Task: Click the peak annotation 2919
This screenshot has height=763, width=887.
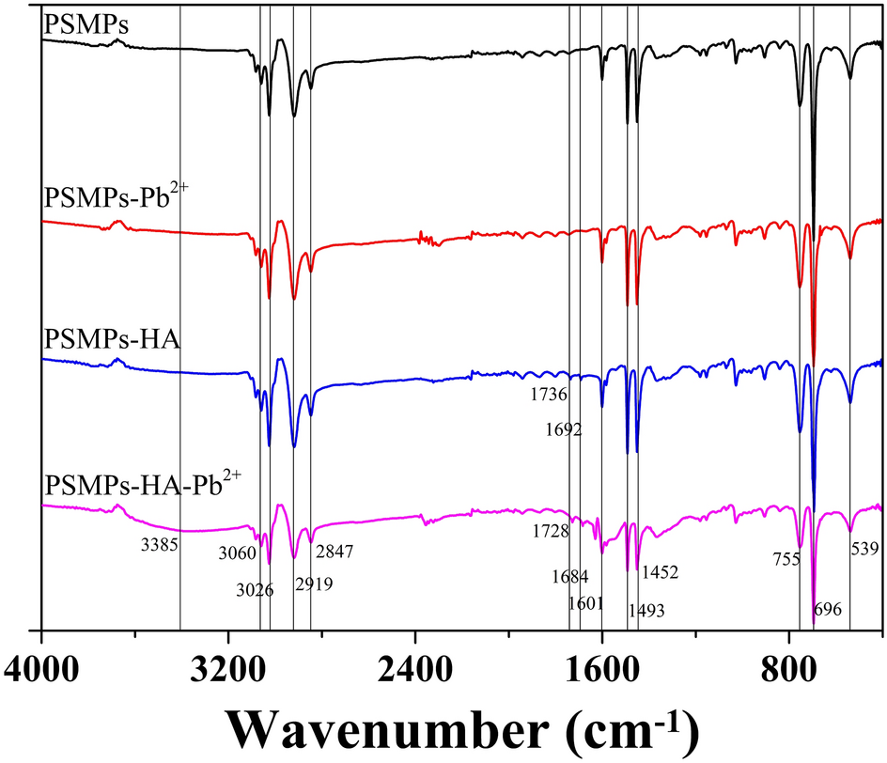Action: [x=313, y=584]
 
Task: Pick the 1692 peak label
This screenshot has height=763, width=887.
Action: [x=563, y=430]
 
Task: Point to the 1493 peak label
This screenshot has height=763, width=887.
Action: [x=646, y=611]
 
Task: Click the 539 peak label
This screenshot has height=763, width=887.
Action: [x=866, y=546]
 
